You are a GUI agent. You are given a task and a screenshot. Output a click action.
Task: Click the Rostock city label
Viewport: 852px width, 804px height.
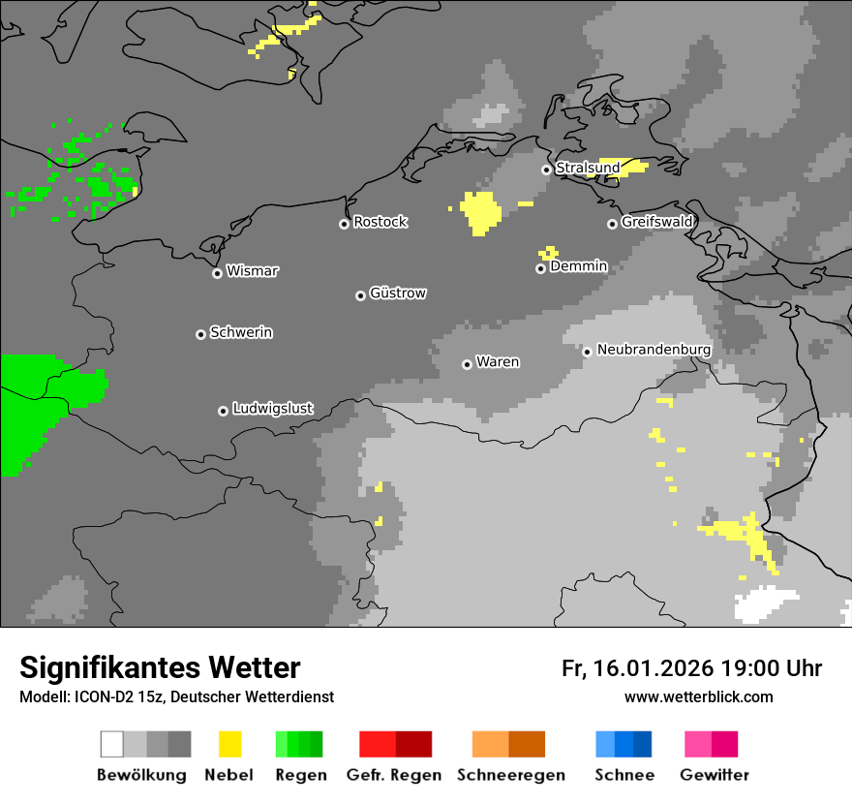(380, 222)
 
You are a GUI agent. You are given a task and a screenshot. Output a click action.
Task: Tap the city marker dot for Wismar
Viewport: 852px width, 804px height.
(217, 273)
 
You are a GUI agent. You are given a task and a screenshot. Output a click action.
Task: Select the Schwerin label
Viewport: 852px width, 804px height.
(241, 332)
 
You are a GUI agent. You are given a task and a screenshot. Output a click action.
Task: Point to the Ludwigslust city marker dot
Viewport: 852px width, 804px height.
(223, 411)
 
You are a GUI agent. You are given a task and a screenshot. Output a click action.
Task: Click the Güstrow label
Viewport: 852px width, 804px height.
(398, 293)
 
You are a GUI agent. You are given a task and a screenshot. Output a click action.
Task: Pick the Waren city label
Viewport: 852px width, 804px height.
(498, 362)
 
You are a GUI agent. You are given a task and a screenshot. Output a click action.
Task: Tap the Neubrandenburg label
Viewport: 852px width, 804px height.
(654, 350)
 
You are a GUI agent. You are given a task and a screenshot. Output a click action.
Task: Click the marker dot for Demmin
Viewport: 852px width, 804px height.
(540, 268)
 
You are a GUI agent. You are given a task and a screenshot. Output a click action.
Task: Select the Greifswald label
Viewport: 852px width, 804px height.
(656, 222)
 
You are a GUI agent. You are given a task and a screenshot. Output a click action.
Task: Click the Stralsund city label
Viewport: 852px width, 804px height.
(588, 168)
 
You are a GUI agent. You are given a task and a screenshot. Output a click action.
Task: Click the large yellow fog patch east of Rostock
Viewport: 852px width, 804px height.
(479, 211)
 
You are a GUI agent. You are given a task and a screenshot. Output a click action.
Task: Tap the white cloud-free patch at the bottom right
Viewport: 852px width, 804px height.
(765, 605)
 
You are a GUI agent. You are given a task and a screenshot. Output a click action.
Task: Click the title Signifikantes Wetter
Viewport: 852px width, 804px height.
(160, 667)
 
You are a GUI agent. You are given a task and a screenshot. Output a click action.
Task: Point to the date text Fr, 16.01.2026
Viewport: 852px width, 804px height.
(637, 668)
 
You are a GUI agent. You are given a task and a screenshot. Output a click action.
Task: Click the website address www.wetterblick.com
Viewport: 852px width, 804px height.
(698, 696)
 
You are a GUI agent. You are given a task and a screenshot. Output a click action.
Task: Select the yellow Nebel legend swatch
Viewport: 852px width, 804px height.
(230, 744)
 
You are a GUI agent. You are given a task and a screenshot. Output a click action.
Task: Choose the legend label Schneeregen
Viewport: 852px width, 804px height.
(511, 775)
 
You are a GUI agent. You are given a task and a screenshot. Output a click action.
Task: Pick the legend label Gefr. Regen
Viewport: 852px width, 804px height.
(393, 775)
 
